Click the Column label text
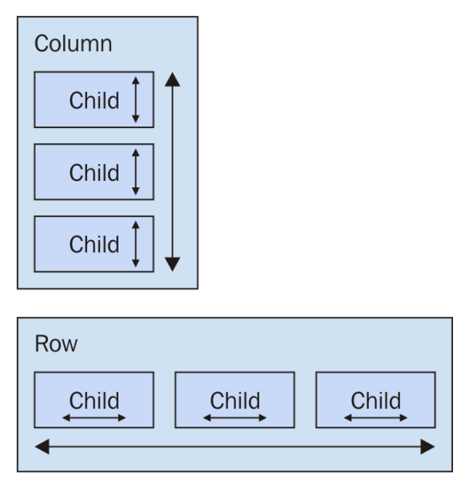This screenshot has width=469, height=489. [73, 43]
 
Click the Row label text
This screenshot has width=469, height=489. [56, 343]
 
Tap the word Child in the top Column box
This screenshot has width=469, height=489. [94, 100]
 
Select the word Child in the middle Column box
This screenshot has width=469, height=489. [94, 172]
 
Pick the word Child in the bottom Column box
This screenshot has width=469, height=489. [94, 244]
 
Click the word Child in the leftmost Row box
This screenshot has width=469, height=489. [94, 400]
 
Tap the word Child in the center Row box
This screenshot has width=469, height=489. [234, 400]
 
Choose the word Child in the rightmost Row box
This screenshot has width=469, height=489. [376, 400]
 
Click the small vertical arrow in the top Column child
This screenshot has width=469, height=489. [135, 100]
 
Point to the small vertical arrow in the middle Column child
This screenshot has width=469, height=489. [135, 172]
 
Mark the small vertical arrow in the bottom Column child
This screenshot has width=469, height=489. [135, 244]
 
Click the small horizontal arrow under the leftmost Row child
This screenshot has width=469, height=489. [94, 418]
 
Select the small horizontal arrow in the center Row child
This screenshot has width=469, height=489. [234, 418]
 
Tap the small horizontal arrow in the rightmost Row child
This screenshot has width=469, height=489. [376, 418]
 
